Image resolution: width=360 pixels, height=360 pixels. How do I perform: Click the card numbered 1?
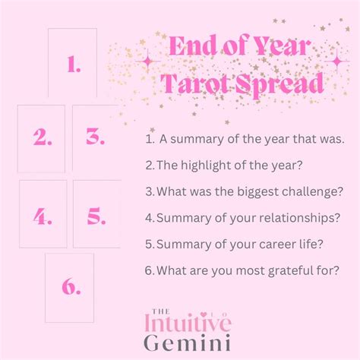click(x=72, y=62)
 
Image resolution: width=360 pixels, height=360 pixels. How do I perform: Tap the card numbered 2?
click(x=41, y=139)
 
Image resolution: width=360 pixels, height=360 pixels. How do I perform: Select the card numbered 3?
click(x=96, y=138)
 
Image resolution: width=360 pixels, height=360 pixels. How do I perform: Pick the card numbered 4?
click(x=43, y=214)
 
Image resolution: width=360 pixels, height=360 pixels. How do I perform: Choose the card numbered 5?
click(x=96, y=214)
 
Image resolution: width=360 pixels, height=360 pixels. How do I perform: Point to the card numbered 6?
click(x=69, y=288)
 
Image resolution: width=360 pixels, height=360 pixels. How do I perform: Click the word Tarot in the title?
click(x=196, y=84)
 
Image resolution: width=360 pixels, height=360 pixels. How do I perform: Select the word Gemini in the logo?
click(x=188, y=343)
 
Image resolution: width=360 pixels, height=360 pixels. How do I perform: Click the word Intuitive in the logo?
click(x=188, y=323)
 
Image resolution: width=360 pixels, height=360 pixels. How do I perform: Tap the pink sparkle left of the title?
click(x=147, y=62)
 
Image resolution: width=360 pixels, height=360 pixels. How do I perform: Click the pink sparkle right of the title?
click(x=337, y=62)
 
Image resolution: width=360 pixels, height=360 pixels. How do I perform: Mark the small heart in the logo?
click(x=203, y=314)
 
